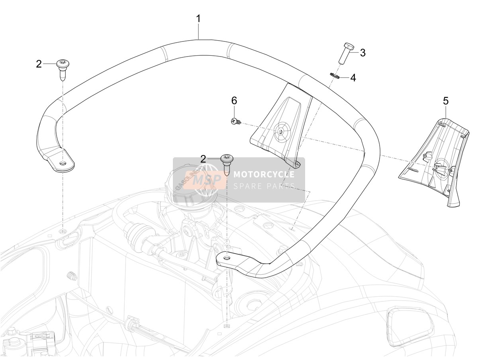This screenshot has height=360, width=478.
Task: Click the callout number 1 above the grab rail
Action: (x=198, y=19)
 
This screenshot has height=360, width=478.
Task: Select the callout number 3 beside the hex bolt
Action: (x=362, y=53)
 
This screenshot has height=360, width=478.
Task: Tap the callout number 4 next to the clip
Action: (x=353, y=78)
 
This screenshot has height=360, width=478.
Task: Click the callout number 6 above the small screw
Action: (x=234, y=101)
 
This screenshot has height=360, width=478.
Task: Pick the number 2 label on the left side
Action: (x=39, y=64)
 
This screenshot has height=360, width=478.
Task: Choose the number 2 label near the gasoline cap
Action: (x=203, y=159)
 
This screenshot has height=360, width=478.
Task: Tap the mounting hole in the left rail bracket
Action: (x=63, y=162)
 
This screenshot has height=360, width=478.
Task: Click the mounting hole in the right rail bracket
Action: (x=227, y=258)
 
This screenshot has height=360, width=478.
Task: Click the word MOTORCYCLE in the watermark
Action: (x=264, y=174)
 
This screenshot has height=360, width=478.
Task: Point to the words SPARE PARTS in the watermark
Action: (x=264, y=186)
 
